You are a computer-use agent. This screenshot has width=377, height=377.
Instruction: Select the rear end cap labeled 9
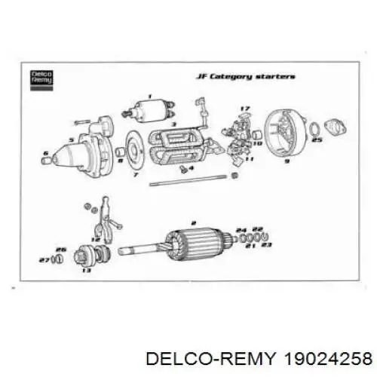pos(286,135)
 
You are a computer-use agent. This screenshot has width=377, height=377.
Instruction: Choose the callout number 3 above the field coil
pos(173,124)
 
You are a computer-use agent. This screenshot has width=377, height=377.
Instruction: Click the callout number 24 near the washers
pos(241,229)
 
